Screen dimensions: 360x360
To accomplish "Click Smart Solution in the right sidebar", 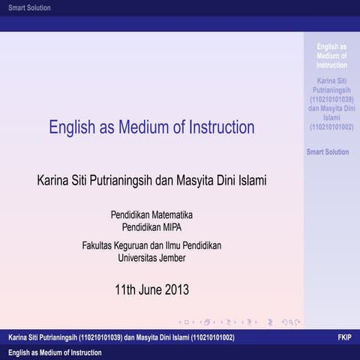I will pyautogui.click(x=328, y=152).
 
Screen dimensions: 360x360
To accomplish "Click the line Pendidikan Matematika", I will pyautogui.click(x=151, y=215).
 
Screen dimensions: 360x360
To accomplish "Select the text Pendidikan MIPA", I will pyautogui.click(x=151, y=226).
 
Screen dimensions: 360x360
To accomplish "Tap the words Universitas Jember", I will pyautogui.click(x=151, y=258).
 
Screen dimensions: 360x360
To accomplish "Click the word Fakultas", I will pyautogui.click(x=99, y=246).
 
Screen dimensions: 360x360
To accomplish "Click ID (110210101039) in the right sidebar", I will pyautogui.click(x=332, y=99).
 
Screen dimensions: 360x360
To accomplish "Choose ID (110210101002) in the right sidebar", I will pyautogui.click(x=331, y=126).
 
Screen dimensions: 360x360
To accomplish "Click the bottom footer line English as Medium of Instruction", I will pyautogui.click(x=55, y=352).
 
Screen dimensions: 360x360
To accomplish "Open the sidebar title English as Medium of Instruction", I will pyautogui.click(x=331, y=55).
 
